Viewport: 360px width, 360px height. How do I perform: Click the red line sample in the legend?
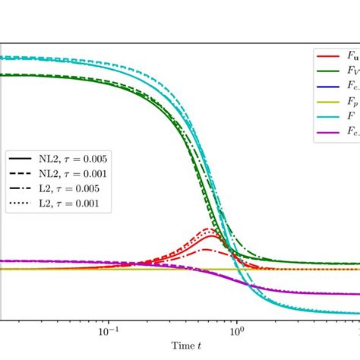(330, 56)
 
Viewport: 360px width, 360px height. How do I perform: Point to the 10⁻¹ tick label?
(109, 331)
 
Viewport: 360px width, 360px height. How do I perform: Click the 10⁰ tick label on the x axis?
(238, 331)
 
